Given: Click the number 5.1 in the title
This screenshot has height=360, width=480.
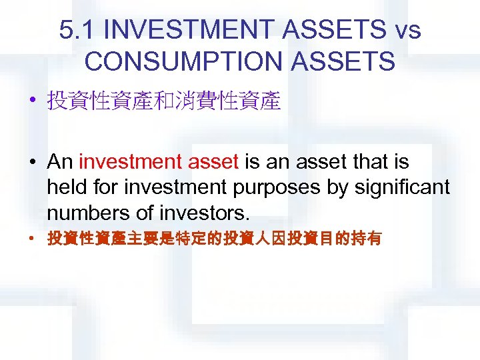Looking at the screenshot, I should point(77,30).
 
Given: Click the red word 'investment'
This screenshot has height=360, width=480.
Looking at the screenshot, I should point(125,162).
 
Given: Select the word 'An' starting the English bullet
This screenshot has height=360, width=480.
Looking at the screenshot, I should point(60,162).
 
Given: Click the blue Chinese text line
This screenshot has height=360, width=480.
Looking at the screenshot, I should point(163,101).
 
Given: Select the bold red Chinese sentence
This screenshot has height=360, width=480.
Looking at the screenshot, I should point(213,239).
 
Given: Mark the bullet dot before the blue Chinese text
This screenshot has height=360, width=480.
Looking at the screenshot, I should point(33,102).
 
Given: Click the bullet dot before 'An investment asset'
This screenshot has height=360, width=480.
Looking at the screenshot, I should point(33,163).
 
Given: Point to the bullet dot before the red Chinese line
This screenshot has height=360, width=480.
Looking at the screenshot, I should point(33,239).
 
